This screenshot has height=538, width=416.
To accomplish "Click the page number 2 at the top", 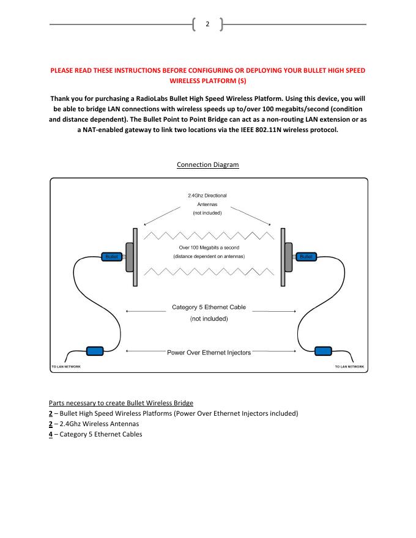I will tap(207, 24).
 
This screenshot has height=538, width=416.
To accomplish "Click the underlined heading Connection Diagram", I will tap(207, 165).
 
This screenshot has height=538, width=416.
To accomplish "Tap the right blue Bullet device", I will tap(305, 257).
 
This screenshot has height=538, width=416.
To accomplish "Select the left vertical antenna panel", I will tap(134, 257).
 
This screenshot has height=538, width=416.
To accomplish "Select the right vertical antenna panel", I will tap(282, 257).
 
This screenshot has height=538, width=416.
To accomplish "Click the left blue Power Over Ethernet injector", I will tap(95, 351).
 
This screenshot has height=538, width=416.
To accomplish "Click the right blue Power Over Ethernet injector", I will tap(322, 351).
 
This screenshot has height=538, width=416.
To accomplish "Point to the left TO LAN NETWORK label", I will tap(65, 367).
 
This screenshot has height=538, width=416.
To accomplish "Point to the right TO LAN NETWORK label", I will tap(350, 367).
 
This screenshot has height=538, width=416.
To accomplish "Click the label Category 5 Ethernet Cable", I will tap(209, 308).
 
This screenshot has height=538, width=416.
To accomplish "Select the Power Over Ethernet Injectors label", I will tap(209, 353).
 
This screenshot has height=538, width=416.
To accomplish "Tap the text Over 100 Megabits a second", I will tap(209, 248).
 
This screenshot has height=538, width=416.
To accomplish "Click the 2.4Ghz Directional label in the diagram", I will tap(207, 196).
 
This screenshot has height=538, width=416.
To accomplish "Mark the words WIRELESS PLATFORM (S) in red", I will tap(207, 81).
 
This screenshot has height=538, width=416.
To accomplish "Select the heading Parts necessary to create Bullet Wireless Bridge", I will tap(121, 403).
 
